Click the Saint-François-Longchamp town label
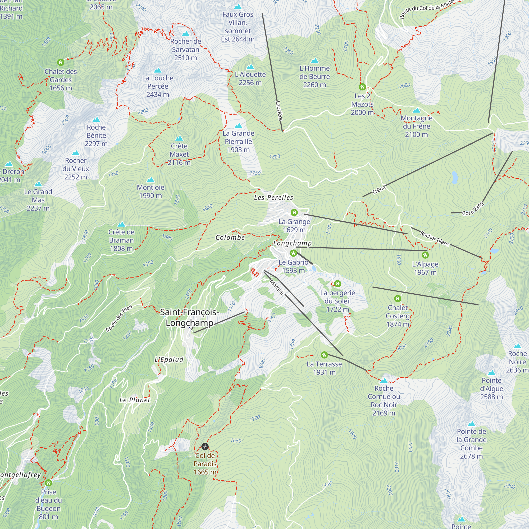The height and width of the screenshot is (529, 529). [189, 317]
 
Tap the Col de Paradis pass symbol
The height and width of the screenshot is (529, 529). [205, 446]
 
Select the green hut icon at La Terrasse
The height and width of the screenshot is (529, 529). [324, 355]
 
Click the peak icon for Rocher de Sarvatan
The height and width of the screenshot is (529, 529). [186, 34]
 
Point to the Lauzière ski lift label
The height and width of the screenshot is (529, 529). [279, 111]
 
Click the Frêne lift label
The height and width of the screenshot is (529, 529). [379, 190]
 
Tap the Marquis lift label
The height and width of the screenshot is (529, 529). [277, 288]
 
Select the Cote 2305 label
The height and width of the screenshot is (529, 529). [473, 209]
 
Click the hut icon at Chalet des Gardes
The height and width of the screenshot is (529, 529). [61, 62]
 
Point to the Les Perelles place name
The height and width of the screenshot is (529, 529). [273, 197]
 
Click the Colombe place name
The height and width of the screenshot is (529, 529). [230, 238]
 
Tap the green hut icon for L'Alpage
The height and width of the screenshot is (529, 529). [425, 255]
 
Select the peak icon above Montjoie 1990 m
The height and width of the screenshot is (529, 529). [151, 180]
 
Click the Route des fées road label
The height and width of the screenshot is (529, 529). [119, 318]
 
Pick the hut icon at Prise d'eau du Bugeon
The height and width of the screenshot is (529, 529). [48, 483]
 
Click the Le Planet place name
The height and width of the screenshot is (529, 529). [135, 400]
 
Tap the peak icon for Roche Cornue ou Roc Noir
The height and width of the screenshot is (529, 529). [384, 381]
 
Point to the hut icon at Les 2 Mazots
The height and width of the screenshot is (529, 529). [362, 87]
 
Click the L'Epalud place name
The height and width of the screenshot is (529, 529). [169, 359]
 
